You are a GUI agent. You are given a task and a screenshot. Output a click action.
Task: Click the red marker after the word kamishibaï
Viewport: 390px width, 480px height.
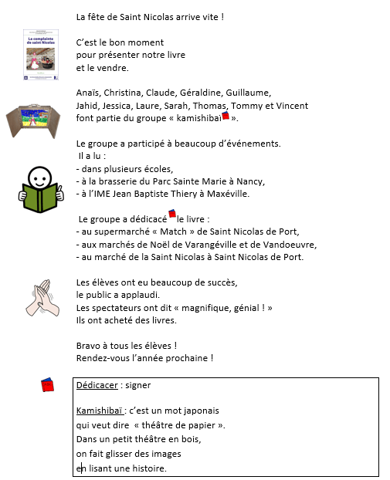226,116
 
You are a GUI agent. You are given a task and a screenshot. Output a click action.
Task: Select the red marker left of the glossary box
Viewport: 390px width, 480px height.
47,384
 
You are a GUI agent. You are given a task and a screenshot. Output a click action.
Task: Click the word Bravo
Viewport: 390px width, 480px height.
89,345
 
